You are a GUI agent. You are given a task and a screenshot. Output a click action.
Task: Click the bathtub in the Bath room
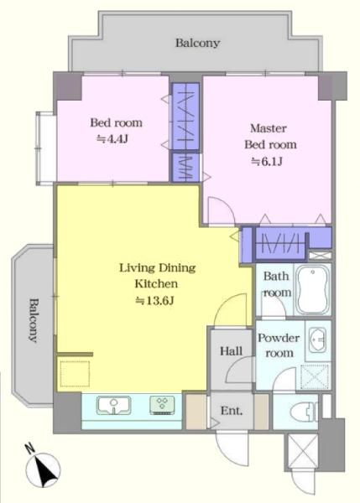tap(312, 289)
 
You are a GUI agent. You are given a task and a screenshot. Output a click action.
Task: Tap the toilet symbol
tap(304, 412)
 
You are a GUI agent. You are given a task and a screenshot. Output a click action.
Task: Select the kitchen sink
tap(113, 405)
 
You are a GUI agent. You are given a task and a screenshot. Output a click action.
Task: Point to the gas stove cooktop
tap(162, 405)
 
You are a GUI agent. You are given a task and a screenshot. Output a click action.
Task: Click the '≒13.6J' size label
tap(154, 301)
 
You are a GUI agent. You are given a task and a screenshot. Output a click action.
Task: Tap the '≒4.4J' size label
tap(112, 139)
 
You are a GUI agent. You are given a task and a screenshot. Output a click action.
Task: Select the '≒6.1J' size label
tap(267, 161)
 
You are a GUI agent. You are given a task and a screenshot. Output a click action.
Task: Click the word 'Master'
tap(269, 128)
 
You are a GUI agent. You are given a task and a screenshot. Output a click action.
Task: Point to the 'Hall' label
tap(231, 351)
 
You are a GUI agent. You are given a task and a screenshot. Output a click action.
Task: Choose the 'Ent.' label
tap(232, 411)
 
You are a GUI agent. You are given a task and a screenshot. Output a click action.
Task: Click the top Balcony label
tap(197, 43)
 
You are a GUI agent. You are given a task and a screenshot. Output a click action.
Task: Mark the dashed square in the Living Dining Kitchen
tap(75, 374)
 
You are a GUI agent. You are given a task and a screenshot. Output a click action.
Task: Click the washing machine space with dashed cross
tap(316, 376)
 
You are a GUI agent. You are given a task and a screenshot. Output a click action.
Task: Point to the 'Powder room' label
tap(279, 345)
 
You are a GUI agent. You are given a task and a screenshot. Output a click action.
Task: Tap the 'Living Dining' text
tap(158, 268)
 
